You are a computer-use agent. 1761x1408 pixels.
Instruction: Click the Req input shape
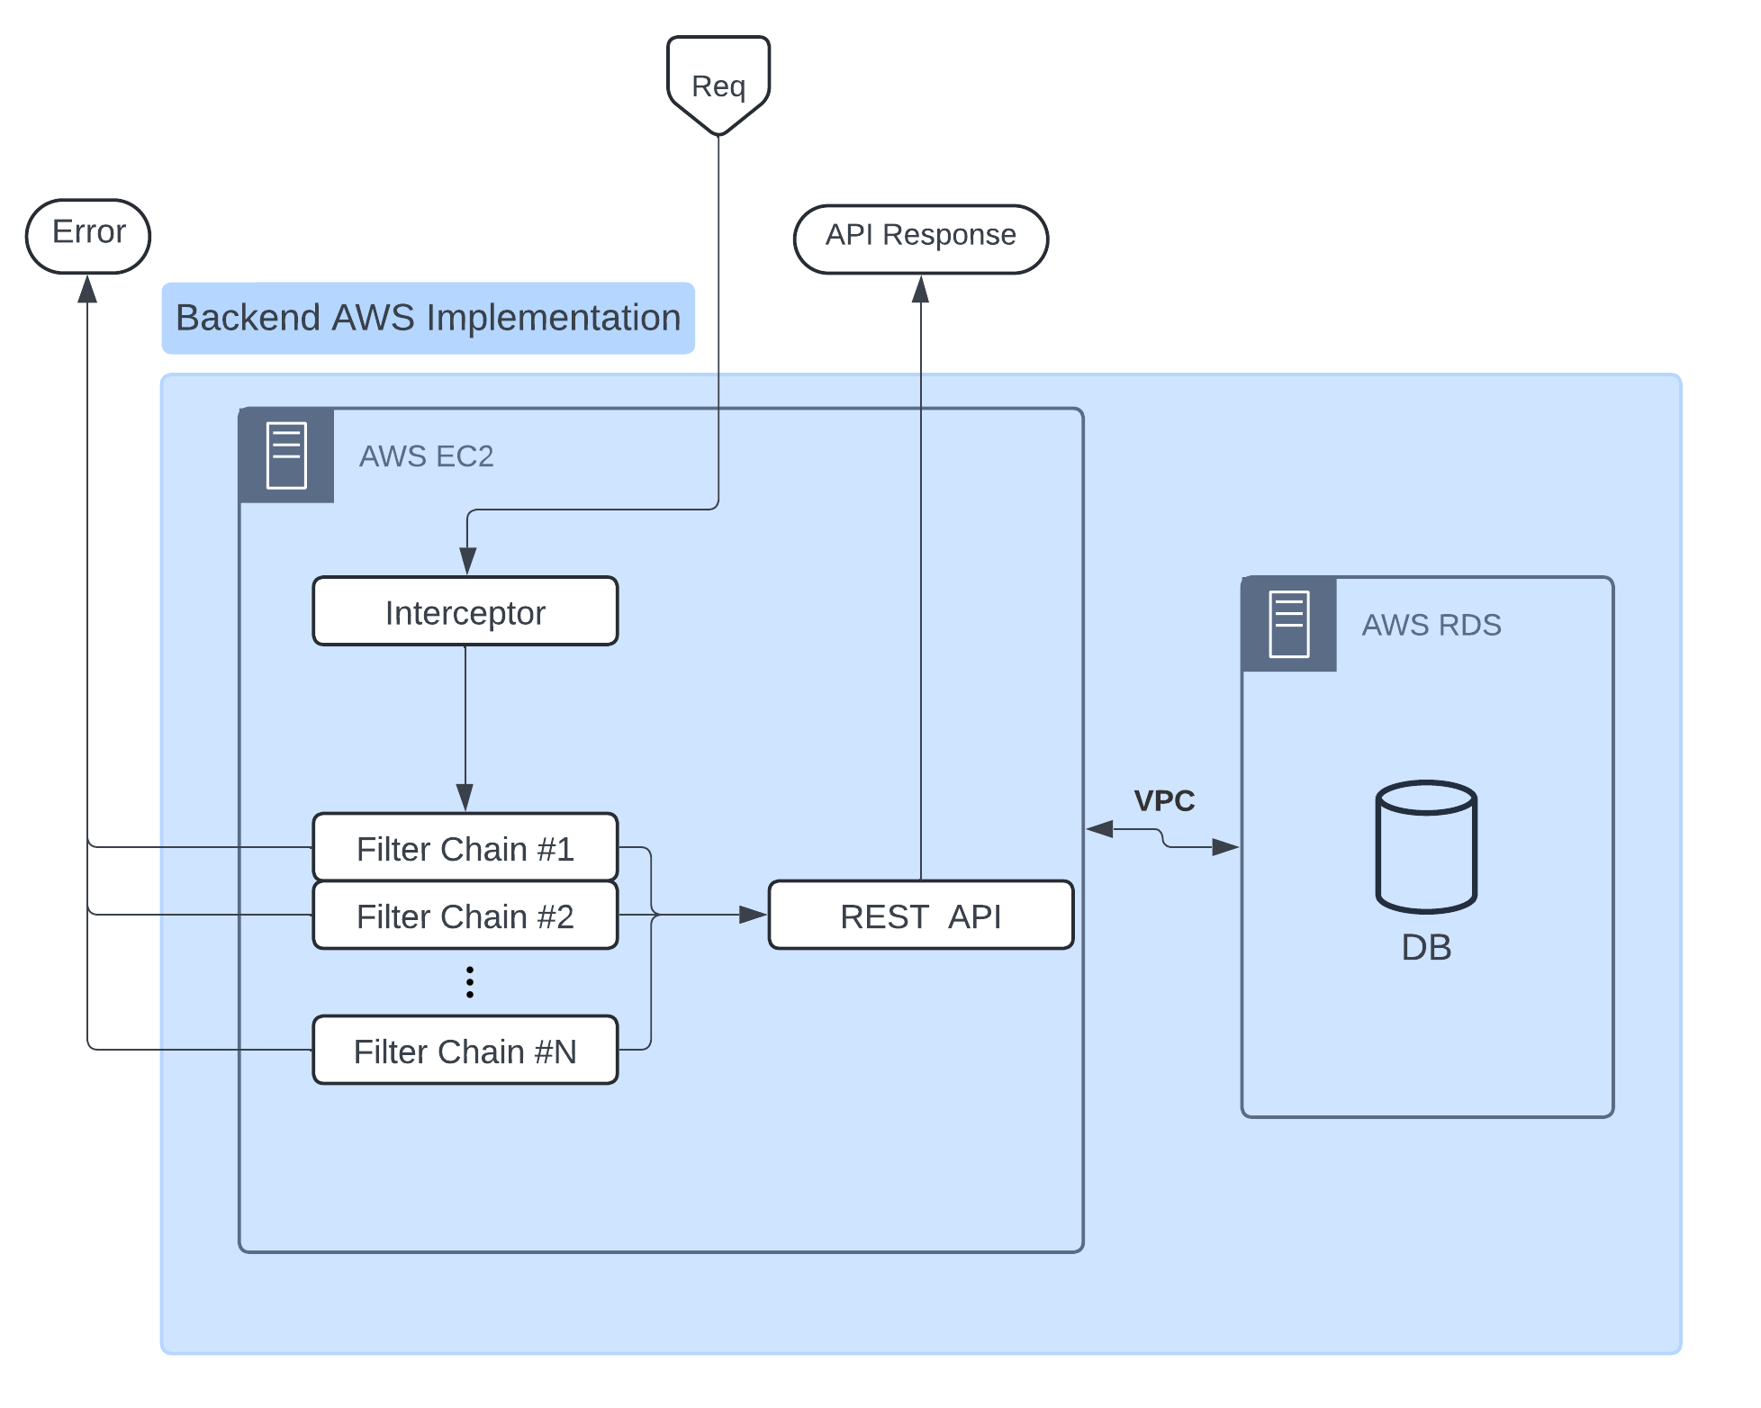point(718,86)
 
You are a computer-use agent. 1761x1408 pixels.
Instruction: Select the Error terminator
point(88,236)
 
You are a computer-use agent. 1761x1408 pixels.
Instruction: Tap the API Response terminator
point(921,239)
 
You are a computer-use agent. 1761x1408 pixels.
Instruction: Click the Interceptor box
point(465,611)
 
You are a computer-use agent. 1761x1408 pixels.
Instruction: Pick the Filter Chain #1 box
point(465,847)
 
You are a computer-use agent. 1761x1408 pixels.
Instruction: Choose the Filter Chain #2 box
point(465,915)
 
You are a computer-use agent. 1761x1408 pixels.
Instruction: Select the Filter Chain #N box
point(465,1050)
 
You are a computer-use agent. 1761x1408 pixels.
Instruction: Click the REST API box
point(921,915)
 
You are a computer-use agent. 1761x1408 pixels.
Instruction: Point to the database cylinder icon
point(1426,846)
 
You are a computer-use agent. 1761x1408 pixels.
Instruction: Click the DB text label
point(1426,947)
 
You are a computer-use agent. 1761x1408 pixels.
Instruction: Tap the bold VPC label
point(1164,800)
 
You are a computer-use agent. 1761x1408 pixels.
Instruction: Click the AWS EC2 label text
point(427,456)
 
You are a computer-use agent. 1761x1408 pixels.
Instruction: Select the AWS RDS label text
point(1431,625)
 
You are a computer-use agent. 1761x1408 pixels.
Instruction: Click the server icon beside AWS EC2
point(286,456)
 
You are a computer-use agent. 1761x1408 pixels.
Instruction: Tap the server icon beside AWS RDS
point(1289,624)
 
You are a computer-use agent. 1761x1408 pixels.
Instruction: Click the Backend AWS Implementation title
point(428,318)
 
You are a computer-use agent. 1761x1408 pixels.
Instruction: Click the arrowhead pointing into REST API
point(754,915)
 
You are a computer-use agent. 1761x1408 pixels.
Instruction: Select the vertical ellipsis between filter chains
point(470,982)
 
